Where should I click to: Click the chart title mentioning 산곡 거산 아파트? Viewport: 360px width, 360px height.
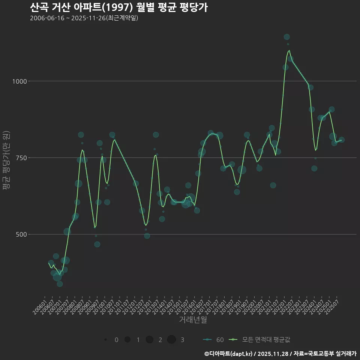(118, 7)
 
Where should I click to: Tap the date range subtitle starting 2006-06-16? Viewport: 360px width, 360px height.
(84, 18)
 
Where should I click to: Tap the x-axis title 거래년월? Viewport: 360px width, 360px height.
(193, 320)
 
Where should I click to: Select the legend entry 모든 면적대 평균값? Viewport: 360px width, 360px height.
(261, 340)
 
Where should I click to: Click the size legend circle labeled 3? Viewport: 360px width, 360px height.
(172, 340)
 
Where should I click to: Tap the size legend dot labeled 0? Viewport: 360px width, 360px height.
(106, 340)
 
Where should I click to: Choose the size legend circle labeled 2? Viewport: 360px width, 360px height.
(150, 340)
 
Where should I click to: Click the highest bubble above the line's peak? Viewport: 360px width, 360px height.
(287, 37)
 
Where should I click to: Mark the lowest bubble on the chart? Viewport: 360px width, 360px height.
(60, 284)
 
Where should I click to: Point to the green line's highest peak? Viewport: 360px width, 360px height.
(289, 50)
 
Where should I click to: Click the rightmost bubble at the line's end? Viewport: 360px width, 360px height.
(342, 140)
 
